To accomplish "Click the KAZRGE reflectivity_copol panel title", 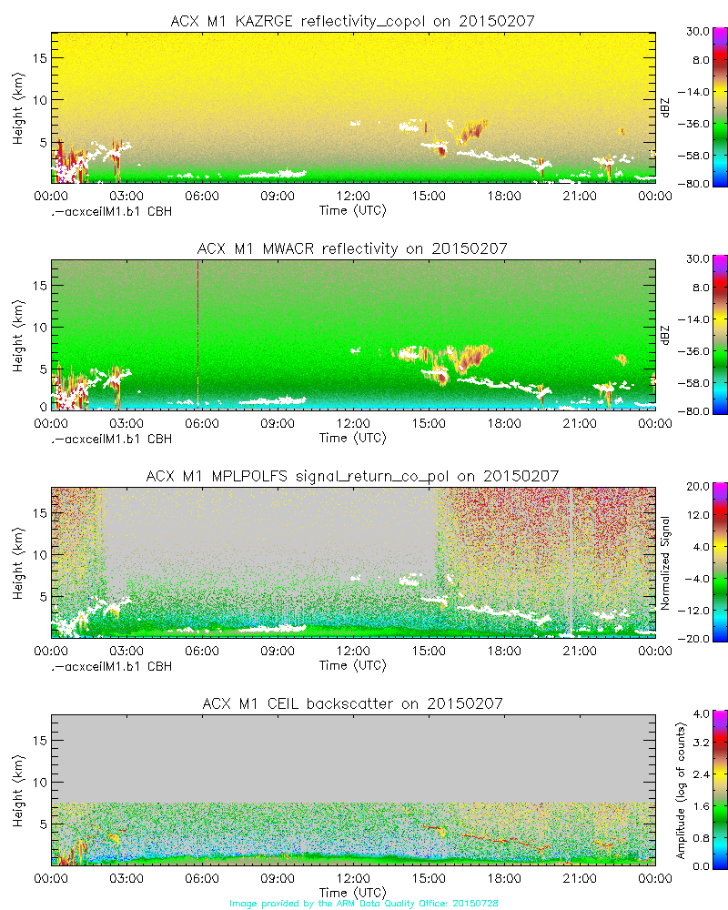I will point(352,21).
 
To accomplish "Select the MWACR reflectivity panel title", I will point(352,248).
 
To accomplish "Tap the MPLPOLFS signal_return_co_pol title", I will point(352,476).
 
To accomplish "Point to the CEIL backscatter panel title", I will point(352,703).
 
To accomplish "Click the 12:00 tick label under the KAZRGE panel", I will point(353,196).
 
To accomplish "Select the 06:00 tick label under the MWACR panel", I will point(201,423).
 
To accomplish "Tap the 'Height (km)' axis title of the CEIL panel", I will point(18,789).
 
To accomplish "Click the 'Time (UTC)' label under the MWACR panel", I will point(352,438).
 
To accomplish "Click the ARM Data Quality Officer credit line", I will point(364,903).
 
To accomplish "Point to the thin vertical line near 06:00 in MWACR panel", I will point(197,332).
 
